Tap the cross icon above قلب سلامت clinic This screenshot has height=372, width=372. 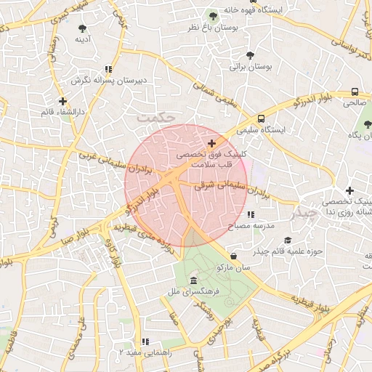coord(211,144)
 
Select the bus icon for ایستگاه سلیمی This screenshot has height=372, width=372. coord(261,118)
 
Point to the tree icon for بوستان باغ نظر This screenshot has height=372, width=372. coord(213,16)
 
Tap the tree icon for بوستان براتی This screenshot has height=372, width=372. coord(251,55)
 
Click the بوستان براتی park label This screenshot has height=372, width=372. coord(251,66)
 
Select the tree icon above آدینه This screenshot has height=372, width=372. coord(82,28)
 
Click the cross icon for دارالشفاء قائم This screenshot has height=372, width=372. coord(62,101)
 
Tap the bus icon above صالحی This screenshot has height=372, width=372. coord(355,92)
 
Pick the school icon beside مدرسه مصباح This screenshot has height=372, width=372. coord(251,215)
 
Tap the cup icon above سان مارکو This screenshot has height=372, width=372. coord(232,256)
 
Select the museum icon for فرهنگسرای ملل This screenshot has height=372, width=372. coord(193,280)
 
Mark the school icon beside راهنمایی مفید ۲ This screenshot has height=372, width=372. coord(145,341)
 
